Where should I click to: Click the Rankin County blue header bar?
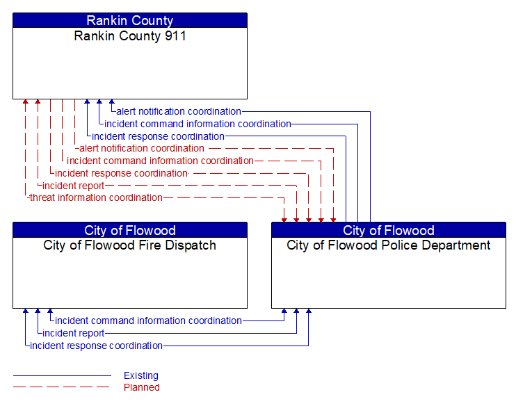(130, 20)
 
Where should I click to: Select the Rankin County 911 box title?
(130, 36)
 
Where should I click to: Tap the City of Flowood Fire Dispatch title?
(130, 245)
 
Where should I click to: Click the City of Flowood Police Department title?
(389, 245)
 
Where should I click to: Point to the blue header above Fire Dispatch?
(130, 230)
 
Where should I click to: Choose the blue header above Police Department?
(389, 230)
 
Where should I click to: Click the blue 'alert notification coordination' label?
(179, 111)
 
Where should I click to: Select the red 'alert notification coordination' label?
(142, 148)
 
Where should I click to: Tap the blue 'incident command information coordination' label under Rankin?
(197, 124)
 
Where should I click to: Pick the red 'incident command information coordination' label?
(160, 161)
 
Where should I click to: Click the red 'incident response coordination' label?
(122, 173)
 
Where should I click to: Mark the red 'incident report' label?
(74, 186)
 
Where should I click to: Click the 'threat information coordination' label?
(96, 198)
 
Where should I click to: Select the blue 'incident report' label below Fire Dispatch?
(74, 333)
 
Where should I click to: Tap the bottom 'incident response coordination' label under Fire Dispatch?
(97, 346)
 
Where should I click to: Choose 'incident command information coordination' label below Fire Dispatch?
(148, 320)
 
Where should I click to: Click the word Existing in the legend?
(141, 375)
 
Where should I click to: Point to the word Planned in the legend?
(142, 387)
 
